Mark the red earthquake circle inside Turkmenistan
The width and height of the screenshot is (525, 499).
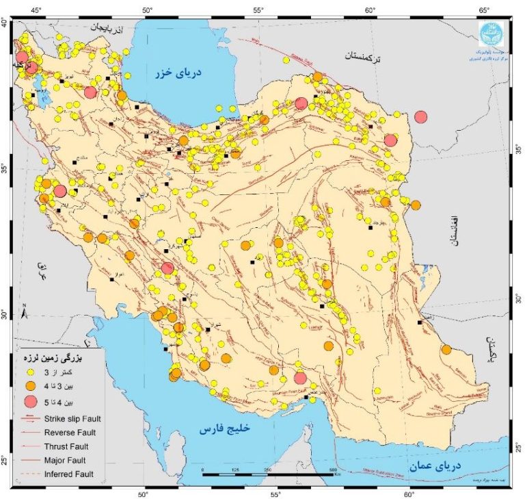pos(420,116)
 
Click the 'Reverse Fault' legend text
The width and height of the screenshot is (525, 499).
pos(70,432)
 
